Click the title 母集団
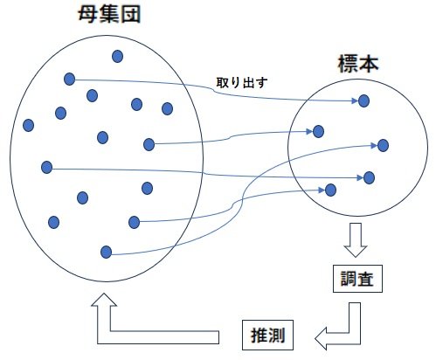coord(109,14)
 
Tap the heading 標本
coord(358,64)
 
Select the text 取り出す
coord(242,83)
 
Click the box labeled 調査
coord(357,279)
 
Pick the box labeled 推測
coord(267,335)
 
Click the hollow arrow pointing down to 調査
coord(356,239)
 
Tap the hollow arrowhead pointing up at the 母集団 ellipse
coord(104,300)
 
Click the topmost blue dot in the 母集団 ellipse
coord(117,56)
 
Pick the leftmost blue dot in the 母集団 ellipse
coord(28,125)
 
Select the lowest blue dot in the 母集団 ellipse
coord(106,252)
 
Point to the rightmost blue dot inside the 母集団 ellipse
coord(167,108)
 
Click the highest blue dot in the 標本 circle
coord(363,100)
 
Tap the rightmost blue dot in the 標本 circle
coord(383,145)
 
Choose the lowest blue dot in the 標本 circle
coord(330,190)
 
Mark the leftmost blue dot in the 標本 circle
coord(318,131)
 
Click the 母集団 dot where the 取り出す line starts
coord(69,79)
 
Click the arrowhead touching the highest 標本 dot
coord(355,100)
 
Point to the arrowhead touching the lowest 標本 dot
coord(322,190)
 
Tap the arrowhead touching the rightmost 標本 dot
coord(374,145)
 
